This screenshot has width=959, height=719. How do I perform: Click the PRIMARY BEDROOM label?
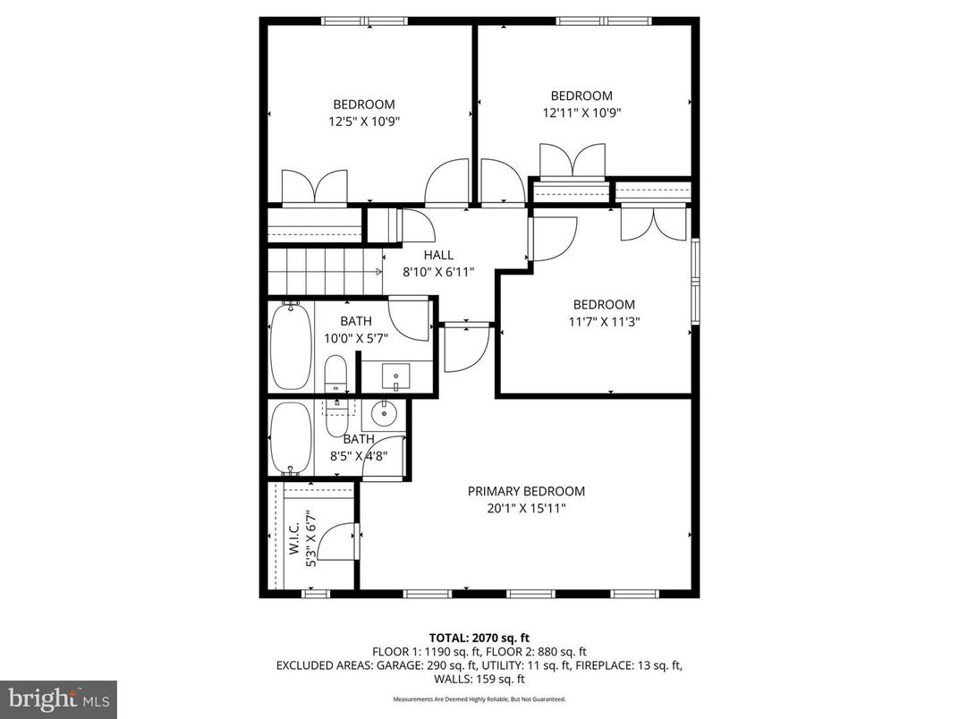click(526, 491)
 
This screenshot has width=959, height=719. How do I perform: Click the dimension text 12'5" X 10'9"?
click(363, 121)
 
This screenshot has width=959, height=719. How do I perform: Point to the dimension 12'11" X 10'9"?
click(581, 113)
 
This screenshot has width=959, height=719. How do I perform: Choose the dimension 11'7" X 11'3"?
click(604, 321)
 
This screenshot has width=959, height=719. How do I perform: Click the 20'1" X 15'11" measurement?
click(526, 508)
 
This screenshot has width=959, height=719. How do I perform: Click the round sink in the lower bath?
click(386, 414)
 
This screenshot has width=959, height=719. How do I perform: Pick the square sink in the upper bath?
click(395, 374)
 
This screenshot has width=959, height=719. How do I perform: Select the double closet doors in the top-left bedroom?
click(314, 187)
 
